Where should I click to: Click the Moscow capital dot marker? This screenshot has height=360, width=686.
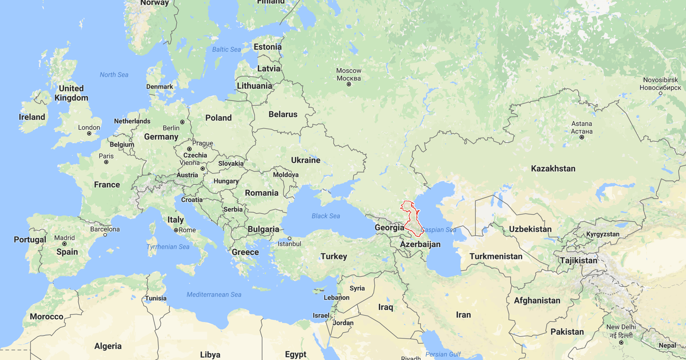(349, 84)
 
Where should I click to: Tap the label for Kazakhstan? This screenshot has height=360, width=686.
(553, 168)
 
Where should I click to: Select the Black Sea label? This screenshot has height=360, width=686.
(326, 216)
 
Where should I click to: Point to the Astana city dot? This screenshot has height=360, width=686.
(582, 137)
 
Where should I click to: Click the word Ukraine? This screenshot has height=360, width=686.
(306, 160)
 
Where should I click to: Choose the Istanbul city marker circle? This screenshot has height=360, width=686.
(289, 238)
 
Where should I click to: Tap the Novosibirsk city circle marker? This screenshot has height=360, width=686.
(660, 93)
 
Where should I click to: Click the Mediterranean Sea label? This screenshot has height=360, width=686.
(214, 295)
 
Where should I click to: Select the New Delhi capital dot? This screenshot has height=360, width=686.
(621, 342)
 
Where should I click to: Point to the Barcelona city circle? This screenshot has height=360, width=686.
(105, 235)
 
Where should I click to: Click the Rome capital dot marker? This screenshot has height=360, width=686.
(176, 230)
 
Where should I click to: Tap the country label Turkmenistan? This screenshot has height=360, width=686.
(496, 256)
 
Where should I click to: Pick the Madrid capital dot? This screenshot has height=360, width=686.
(64, 244)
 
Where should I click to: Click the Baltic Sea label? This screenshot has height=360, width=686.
(226, 49)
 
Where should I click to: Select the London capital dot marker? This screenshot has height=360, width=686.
(89, 134)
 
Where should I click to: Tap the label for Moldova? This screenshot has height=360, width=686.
(286, 175)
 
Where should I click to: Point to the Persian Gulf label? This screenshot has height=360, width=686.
(443, 354)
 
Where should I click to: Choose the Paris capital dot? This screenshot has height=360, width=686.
(106, 162)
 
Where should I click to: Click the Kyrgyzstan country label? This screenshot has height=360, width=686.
(603, 234)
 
